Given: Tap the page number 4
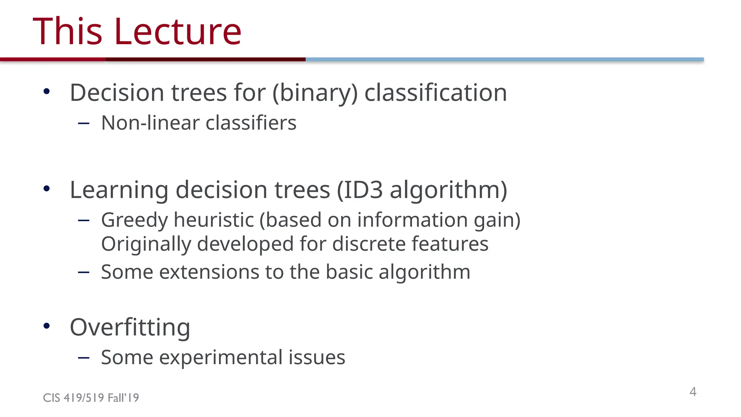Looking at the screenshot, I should (693, 392).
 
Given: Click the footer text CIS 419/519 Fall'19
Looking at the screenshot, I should (91, 398).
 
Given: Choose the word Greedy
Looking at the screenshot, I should (134, 220).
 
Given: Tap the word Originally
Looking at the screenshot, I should (146, 244).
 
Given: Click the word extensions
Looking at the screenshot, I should (209, 272).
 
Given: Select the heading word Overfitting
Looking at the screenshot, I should (130, 327).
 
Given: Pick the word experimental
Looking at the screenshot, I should (221, 357).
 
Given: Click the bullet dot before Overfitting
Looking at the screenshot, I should (46, 326).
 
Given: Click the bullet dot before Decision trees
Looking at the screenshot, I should (46, 92).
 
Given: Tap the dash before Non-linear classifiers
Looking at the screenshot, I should (84, 123).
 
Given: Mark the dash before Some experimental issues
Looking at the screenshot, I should (84, 358).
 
